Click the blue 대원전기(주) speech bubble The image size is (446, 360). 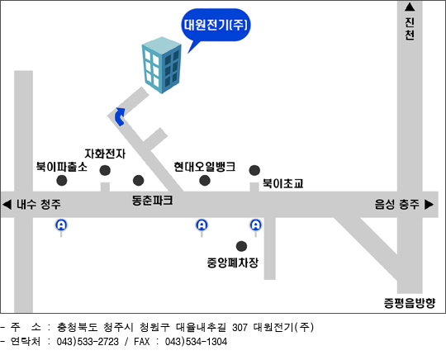tap(216, 25)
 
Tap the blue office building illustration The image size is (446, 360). tap(162, 65)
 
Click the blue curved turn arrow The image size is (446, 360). tap(120, 116)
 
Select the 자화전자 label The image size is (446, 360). tap(105, 154)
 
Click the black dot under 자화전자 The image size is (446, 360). tap(105, 170)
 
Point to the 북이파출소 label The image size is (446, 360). tap(62, 167)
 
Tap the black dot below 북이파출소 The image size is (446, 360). tap(62, 180)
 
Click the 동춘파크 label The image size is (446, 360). tap(152, 201)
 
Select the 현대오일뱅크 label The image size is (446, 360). tap(205, 167)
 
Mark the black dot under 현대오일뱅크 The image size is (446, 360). tap(205, 180)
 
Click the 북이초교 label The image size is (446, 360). tap(282, 183)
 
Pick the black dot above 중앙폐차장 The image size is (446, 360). tap(241, 246)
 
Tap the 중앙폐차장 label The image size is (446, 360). tap(233, 263)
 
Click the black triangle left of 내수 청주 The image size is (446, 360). tap(7, 205)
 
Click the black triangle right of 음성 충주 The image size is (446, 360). tap(429, 205)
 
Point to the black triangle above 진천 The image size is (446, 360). tap(410, 7)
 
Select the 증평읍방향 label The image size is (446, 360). tap(410, 303)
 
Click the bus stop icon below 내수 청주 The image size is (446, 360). tap(61, 225)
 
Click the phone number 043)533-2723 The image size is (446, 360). tap(88, 342)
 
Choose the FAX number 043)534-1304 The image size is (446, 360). tap(196, 342)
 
